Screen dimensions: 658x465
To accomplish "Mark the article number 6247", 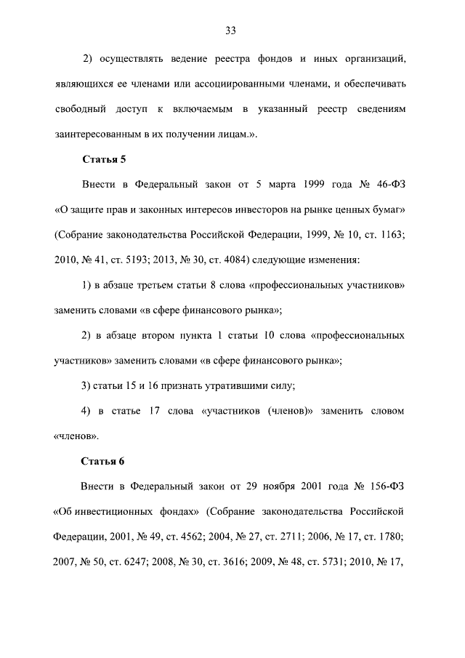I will point(155,562).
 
